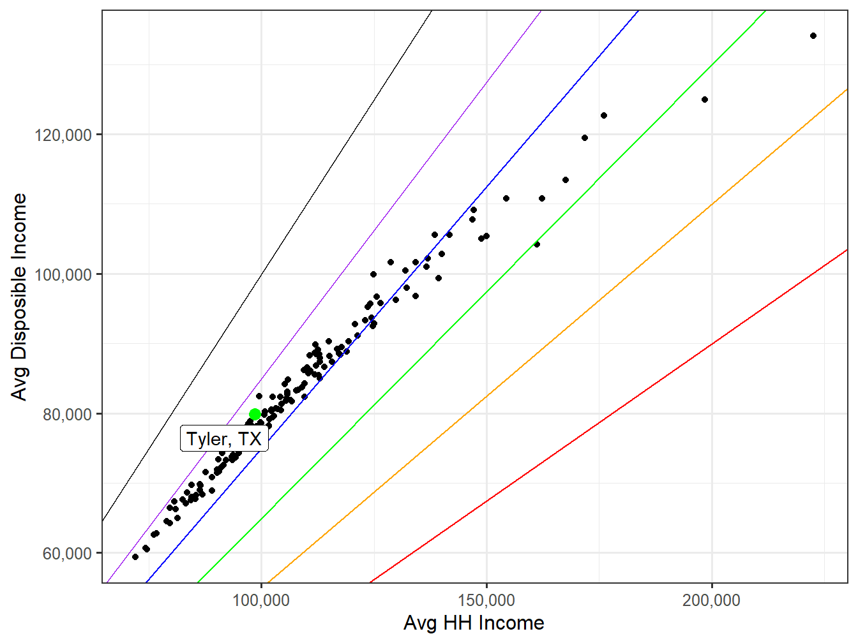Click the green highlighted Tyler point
point(255,414)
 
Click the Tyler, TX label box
point(224,439)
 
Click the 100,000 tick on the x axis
point(261,600)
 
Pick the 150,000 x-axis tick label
point(486,600)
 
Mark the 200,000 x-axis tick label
point(711,600)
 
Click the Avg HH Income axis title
point(474,623)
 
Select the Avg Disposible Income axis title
point(20,297)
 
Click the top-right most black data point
point(813,36)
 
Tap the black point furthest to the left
point(135,557)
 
